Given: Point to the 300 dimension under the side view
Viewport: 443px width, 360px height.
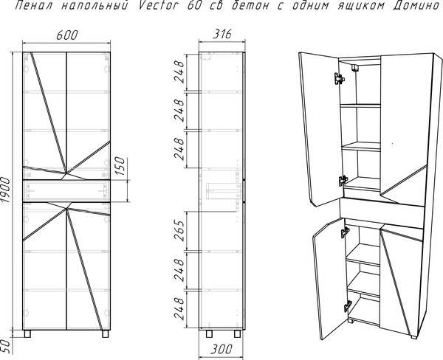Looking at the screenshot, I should tap(221, 348).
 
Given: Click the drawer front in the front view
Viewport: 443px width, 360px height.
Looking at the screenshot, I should tap(66, 190).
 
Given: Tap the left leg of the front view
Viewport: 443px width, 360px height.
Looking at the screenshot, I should tap(29, 333).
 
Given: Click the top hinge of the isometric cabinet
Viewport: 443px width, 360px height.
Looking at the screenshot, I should tap(340, 76).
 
